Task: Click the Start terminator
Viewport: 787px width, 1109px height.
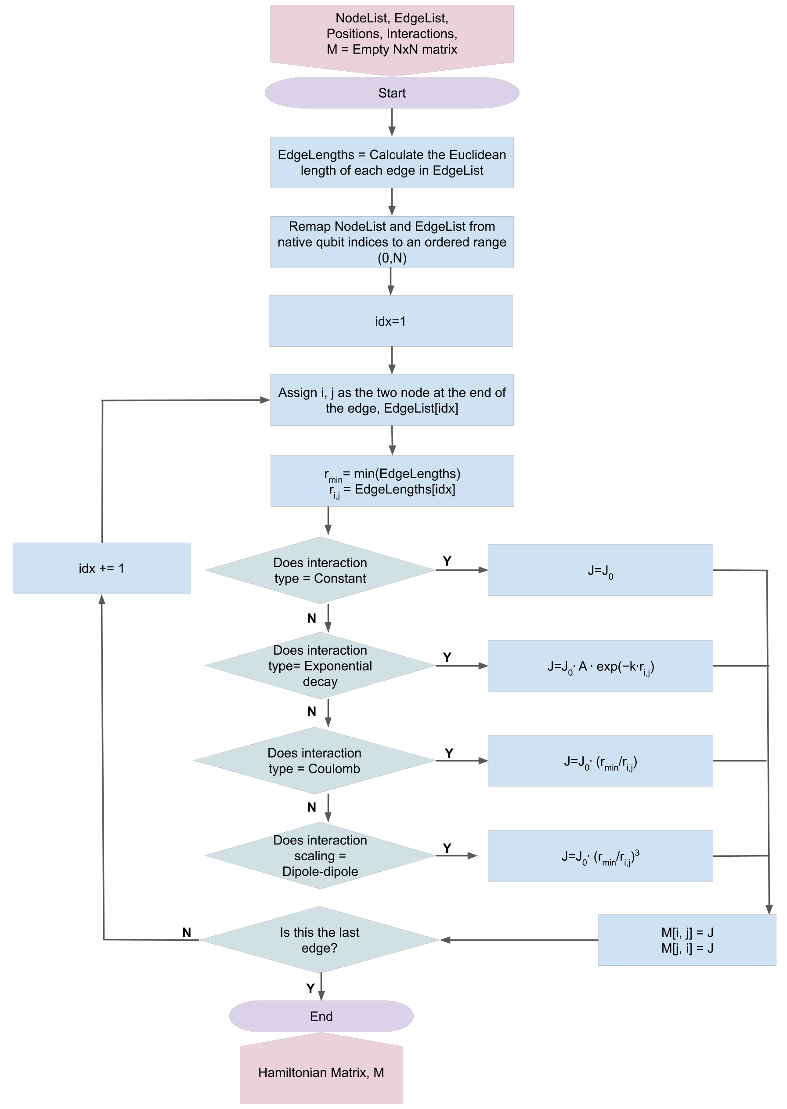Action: [x=392, y=93]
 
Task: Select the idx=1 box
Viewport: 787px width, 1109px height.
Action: [x=390, y=321]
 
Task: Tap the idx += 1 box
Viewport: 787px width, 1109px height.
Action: [x=101, y=568]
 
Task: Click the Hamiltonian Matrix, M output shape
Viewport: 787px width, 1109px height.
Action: [x=321, y=1072]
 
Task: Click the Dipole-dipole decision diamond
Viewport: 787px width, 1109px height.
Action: [x=320, y=855]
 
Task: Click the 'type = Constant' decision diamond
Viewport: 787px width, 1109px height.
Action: [x=320, y=570]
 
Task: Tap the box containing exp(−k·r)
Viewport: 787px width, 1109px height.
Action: [x=600, y=666]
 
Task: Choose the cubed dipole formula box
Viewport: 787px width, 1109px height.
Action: [x=600, y=855]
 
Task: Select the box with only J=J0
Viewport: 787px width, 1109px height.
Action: [x=600, y=570]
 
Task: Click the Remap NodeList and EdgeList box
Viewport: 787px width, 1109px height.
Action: [x=392, y=241]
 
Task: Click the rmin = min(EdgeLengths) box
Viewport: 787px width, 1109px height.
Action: [x=392, y=480]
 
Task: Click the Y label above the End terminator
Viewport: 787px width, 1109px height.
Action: [x=310, y=988]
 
